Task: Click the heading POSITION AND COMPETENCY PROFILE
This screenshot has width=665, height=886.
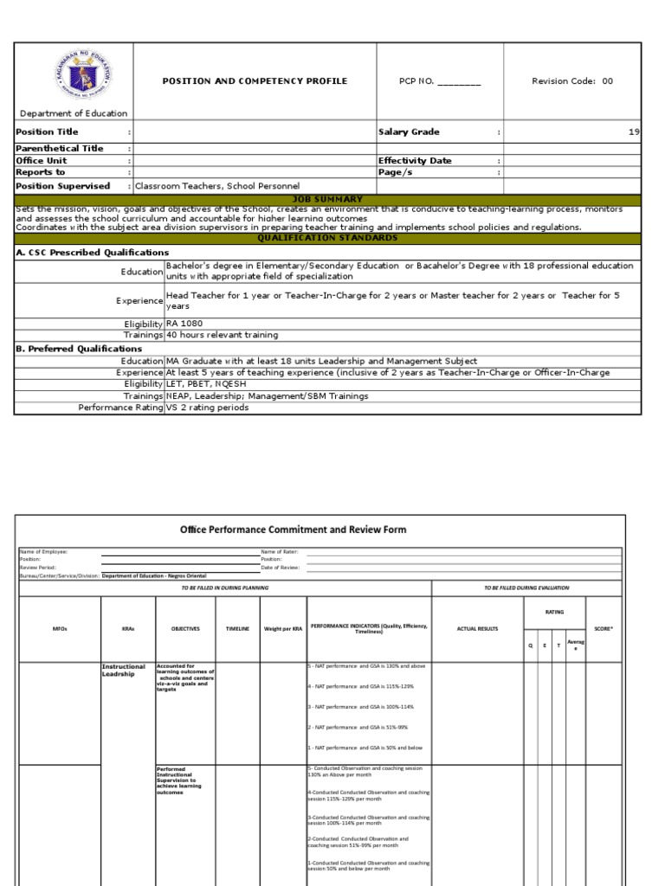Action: click(255, 81)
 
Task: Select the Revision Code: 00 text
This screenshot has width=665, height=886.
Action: click(572, 81)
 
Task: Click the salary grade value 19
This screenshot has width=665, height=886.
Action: click(634, 132)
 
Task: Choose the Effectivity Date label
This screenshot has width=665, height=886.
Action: click(415, 161)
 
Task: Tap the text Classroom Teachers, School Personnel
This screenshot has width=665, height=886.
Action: click(217, 186)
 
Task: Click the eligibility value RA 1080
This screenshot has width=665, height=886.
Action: click(184, 323)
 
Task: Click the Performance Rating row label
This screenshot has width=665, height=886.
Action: click(120, 407)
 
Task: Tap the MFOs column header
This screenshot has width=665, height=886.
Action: click(58, 629)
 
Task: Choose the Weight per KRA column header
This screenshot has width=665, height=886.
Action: click(282, 629)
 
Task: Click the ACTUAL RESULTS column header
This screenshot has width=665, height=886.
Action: click(477, 629)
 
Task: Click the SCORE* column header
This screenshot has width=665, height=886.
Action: click(603, 629)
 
